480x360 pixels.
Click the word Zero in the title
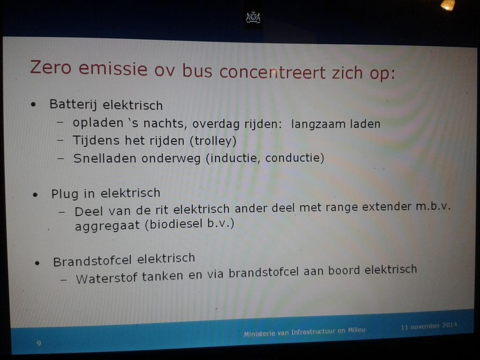coord(51,67)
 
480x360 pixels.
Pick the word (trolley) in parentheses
coord(213,140)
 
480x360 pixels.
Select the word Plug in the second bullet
coord(65,193)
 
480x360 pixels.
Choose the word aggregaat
coord(107,225)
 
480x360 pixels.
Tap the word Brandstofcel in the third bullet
coord(91,260)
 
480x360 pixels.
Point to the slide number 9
coord(38,344)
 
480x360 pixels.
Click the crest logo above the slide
coord(253,18)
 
